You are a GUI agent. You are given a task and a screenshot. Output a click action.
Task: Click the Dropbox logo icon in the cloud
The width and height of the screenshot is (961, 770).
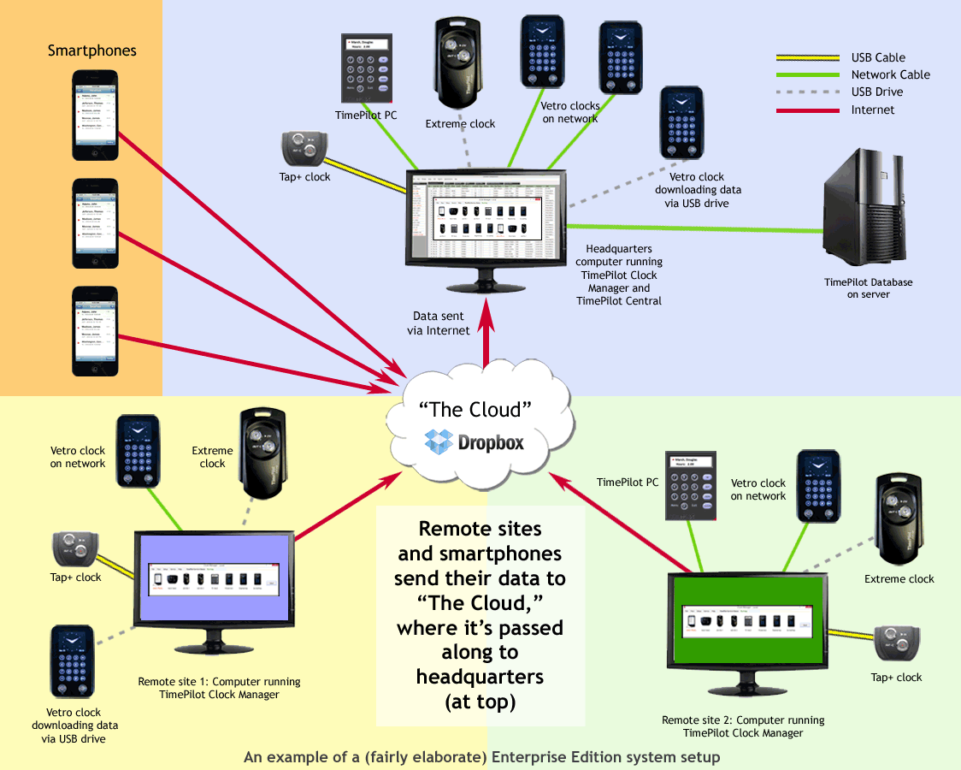click(x=439, y=442)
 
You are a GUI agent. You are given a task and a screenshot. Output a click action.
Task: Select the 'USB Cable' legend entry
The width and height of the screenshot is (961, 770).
click(x=877, y=57)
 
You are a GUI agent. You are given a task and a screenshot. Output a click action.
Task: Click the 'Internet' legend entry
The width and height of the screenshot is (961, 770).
click(x=872, y=110)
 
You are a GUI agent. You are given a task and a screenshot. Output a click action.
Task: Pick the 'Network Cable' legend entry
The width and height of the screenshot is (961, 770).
click(x=890, y=74)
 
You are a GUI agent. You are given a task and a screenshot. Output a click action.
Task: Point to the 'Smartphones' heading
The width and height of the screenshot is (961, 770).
click(x=91, y=50)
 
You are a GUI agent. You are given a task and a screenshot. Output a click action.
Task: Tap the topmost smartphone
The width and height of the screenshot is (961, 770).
click(x=94, y=115)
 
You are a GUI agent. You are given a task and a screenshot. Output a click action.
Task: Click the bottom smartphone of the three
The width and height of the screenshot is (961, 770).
click(x=94, y=330)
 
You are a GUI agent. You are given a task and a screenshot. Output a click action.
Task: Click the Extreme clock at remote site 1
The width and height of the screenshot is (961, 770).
click(x=262, y=450)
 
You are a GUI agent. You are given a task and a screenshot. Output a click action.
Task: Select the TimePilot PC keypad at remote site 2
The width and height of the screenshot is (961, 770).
click(x=690, y=483)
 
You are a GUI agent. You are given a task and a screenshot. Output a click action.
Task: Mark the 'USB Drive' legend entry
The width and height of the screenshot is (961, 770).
click(x=876, y=92)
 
